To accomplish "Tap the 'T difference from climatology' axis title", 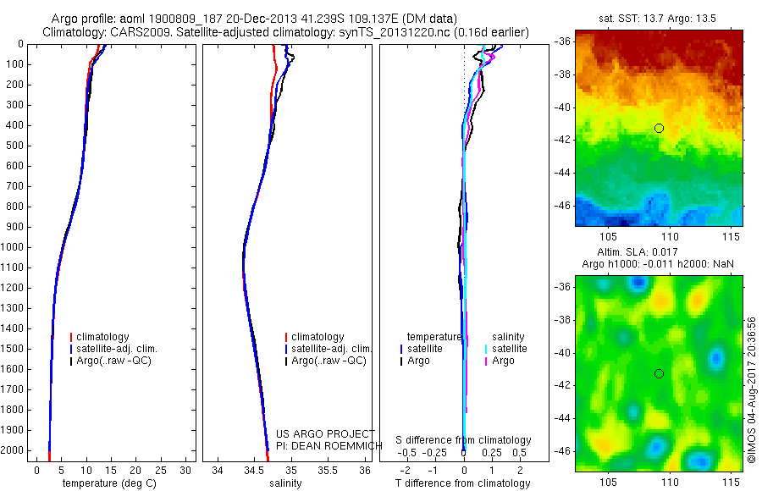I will pyautogui.click(x=462, y=483).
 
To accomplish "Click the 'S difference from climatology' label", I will pyautogui.click(x=464, y=440).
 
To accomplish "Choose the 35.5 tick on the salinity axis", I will pyautogui.click(x=329, y=469).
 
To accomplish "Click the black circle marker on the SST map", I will pyautogui.click(x=659, y=128).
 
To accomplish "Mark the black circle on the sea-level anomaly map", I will pyautogui.click(x=659, y=373).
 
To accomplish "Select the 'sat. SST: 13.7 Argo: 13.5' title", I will pyautogui.click(x=659, y=17).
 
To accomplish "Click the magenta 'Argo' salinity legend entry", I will pyautogui.click(x=503, y=361).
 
